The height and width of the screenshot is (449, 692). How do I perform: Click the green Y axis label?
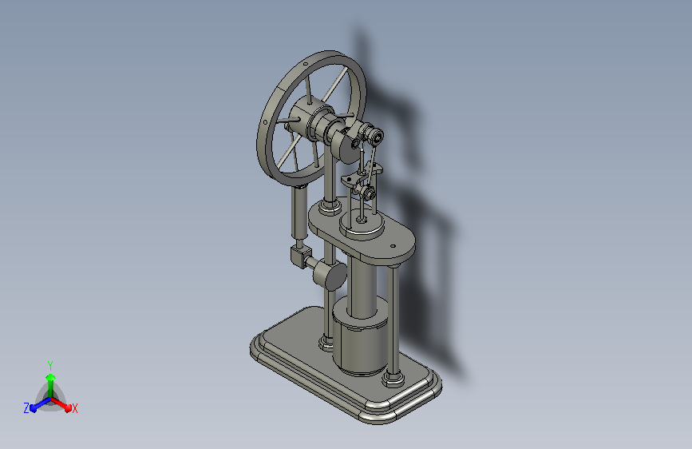coord(50,365)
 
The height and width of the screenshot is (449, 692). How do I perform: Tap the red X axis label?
coord(74,408)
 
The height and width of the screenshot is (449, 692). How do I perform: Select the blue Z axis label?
coord(26,408)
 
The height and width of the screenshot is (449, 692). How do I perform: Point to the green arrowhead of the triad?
coord(50,377)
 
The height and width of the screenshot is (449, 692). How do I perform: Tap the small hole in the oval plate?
coord(393,247)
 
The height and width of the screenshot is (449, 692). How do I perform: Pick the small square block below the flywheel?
coord(301,256)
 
